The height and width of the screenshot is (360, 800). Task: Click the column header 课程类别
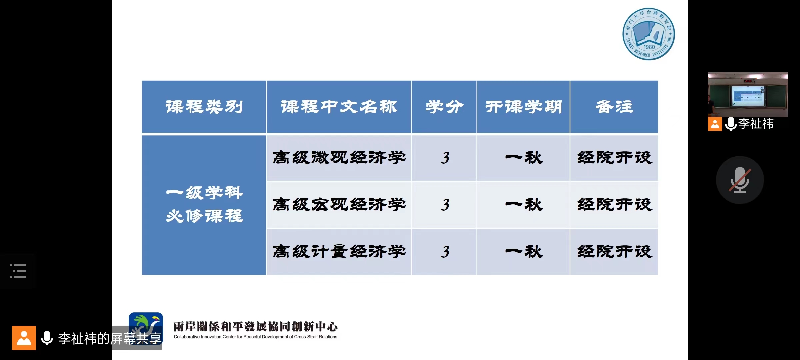coord(204,107)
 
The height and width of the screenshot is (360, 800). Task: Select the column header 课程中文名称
coord(339,107)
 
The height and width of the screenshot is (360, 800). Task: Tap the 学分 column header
coord(444,107)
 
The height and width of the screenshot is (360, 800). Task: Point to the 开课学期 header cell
coord(523,107)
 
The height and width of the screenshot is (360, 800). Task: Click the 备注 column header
coord(614,107)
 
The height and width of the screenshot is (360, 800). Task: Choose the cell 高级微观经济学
coord(339,158)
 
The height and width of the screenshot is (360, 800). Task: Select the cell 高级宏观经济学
coord(339,205)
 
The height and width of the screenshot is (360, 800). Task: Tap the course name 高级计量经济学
coord(339,252)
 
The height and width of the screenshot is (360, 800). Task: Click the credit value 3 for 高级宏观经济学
coord(445,205)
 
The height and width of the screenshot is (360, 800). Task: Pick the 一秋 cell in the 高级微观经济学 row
coord(524,158)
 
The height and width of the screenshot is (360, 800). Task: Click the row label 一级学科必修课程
coord(204,204)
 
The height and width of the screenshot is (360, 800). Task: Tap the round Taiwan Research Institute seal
coord(649,34)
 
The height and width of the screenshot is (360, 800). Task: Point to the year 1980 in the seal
coord(649,47)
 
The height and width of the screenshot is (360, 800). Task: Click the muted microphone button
coord(740,180)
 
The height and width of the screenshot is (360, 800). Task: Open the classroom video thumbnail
coord(748,95)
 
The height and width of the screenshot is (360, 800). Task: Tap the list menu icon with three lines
coord(18,271)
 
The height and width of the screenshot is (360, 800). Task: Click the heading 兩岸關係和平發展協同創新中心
coord(256,327)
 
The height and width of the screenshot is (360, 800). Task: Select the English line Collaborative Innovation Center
coord(255,337)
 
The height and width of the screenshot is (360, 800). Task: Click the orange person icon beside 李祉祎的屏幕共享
coord(24,338)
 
